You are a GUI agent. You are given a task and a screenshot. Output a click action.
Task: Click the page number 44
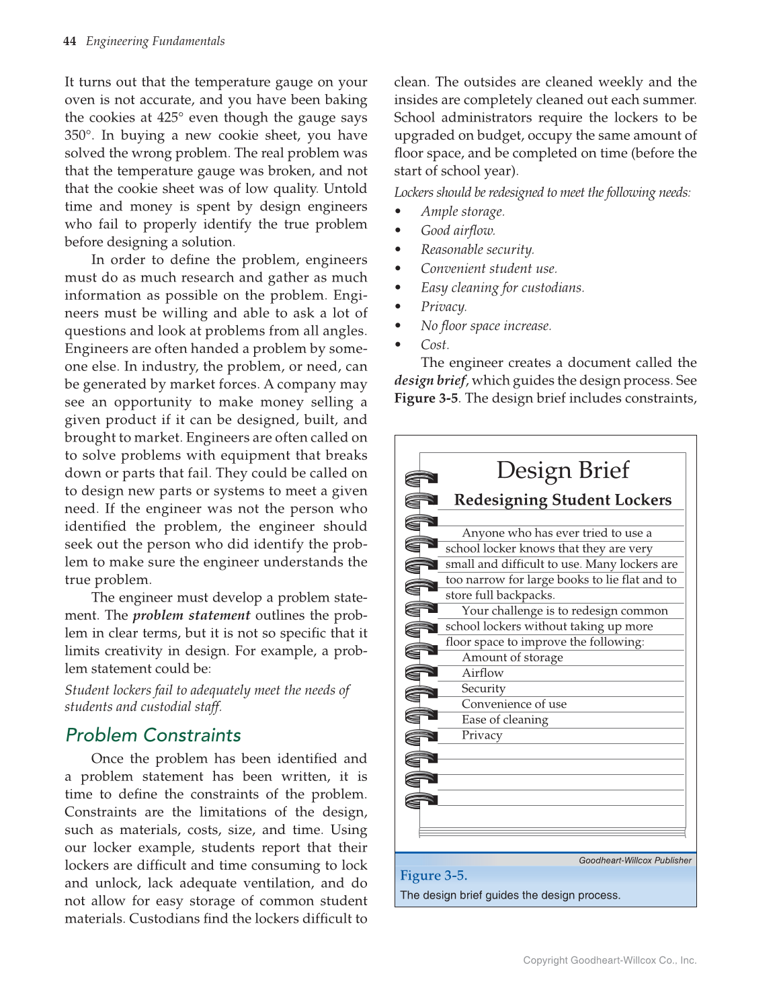69,41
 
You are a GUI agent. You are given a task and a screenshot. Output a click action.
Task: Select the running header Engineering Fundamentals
155,41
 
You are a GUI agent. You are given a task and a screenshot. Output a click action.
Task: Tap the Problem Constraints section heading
153,735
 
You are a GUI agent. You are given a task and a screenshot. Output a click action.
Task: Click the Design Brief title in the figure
563,470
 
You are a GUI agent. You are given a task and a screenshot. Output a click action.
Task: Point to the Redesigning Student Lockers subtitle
563,500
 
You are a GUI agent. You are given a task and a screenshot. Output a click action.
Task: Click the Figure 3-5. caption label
434,875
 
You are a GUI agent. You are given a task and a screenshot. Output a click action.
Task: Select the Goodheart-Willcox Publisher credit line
635,860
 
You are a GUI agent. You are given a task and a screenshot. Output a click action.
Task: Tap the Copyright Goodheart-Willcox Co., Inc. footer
610,960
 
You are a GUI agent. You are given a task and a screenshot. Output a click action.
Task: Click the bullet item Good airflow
458,231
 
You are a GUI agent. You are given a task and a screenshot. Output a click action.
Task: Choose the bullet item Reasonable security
477,249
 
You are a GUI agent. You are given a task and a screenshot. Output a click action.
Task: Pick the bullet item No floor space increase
486,326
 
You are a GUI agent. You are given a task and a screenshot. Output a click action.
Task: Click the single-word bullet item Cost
435,345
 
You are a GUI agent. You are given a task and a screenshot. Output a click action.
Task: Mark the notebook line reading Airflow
483,673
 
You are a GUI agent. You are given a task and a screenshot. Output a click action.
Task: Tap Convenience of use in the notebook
514,704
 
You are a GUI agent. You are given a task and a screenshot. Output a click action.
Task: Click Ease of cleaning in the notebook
505,719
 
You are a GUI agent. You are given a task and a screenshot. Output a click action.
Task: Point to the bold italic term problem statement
192,615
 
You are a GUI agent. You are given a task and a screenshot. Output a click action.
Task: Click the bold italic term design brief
430,380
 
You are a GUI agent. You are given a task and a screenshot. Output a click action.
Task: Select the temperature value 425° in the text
167,118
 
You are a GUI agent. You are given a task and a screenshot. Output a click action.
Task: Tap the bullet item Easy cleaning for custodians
502,288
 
